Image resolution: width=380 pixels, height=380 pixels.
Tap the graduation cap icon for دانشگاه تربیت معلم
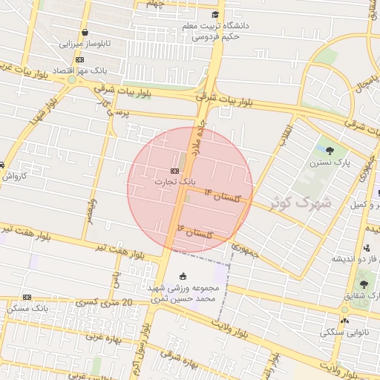tap(215, 15)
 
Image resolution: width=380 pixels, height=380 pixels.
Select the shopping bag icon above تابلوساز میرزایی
tap(86, 33)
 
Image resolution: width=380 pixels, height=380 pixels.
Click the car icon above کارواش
tap(2, 165)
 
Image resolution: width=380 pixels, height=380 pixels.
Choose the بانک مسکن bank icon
tap(27, 297)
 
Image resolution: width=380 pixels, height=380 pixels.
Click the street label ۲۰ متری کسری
tap(107, 303)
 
